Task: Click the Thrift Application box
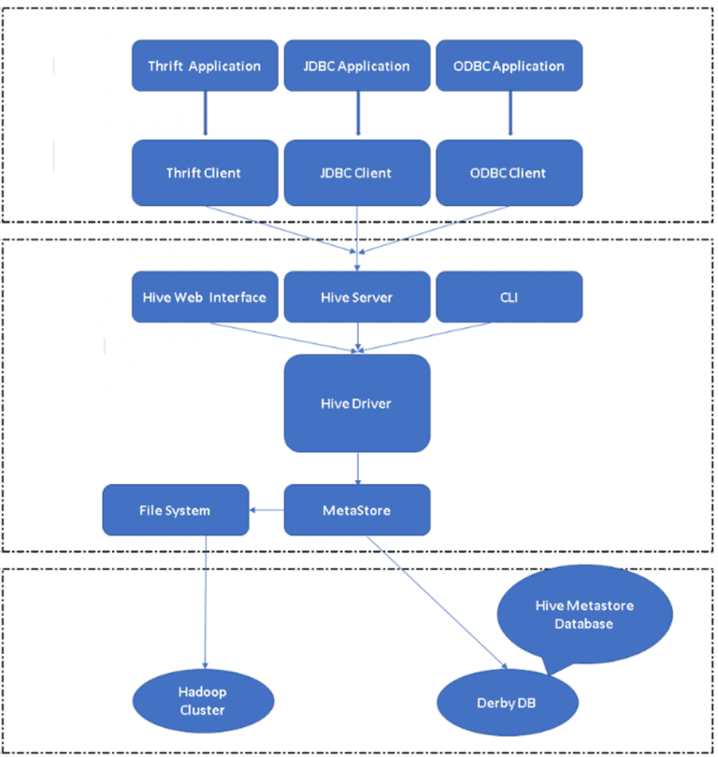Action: pos(204,66)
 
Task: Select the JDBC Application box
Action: pos(356,66)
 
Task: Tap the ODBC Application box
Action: pos(509,66)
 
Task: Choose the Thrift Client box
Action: pos(204,172)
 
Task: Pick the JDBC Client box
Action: pos(356,172)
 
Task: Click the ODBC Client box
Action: pos(509,172)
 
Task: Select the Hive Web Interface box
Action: pos(204,297)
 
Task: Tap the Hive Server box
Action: pos(356,297)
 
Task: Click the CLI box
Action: pos(509,297)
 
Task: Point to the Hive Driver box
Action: pos(356,402)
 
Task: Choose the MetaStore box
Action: pos(356,510)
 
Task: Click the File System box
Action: pos(175,510)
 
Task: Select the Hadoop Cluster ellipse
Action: pos(203,701)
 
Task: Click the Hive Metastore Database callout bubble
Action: pos(584,614)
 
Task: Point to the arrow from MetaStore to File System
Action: pos(266,510)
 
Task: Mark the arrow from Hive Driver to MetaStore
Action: pos(357,468)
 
